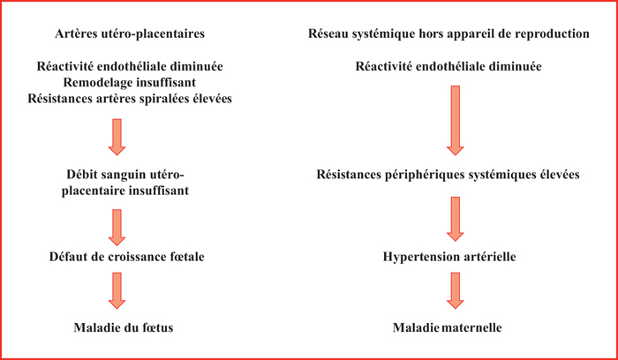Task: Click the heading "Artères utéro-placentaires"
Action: tap(130, 34)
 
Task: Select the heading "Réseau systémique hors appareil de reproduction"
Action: tap(448, 34)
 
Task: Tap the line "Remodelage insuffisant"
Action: tap(130, 83)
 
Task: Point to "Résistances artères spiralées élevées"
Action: tap(130, 99)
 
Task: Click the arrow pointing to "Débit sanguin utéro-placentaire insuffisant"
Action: tap(117, 137)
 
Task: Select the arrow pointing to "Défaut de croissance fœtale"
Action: tap(117, 228)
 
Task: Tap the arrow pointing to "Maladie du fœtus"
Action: tap(117, 290)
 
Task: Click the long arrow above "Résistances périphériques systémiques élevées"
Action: tap(456, 121)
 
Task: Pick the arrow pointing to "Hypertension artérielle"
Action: tap(456, 219)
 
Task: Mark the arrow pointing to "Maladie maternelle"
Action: tap(456, 290)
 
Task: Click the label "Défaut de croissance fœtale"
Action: tap(127, 257)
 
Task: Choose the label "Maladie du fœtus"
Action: tap(124, 327)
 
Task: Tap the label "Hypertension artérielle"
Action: tap(449, 257)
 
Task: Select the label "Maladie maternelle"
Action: tap(448, 327)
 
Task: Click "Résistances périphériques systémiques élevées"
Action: tap(448, 175)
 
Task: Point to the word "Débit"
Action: tap(80, 175)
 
